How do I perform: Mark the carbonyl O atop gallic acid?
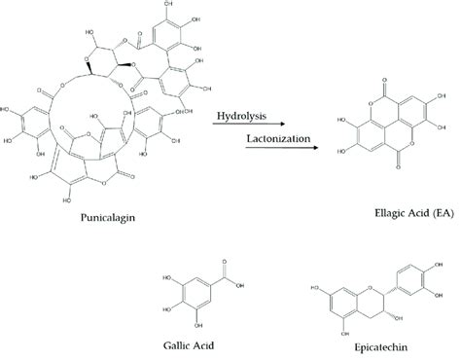(x=223, y=260)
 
